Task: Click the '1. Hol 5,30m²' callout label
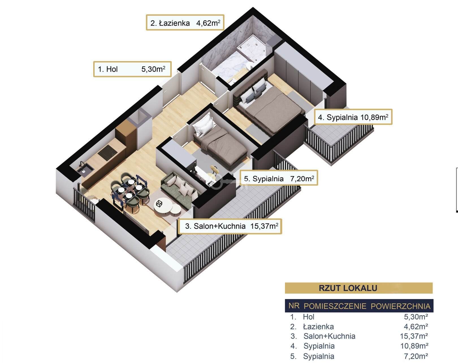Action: click(x=132, y=69)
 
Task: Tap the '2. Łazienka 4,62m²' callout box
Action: click(x=185, y=23)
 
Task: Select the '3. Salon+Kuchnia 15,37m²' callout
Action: click(x=231, y=226)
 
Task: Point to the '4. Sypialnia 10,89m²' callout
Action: click(x=353, y=117)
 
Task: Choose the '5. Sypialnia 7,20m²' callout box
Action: click(x=279, y=179)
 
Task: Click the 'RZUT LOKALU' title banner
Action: click(x=358, y=288)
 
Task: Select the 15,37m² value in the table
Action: click(x=414, y=336)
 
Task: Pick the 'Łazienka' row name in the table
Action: click(x=318, y=326)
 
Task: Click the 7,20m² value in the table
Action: click(x=416, y=356)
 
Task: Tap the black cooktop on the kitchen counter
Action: click(x=107, y=153)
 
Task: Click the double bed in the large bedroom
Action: click(x=268, y=104)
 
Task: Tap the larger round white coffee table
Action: click(x=163, y=206)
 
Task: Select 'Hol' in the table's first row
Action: click(x=309, y=317)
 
